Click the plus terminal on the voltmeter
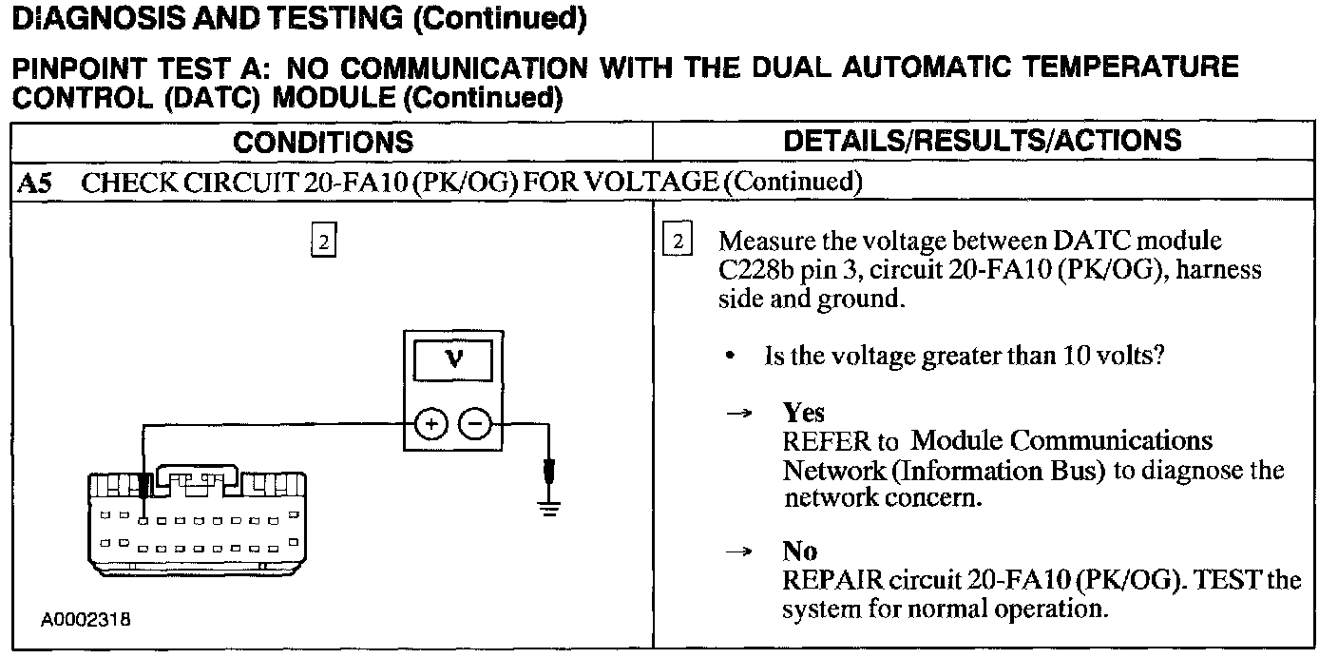click(430, 423)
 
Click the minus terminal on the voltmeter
click(476, 423)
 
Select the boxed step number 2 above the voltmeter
click(323, 242)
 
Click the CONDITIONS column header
click(323, 143)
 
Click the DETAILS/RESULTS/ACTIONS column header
click(983, 141)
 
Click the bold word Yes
click(803, 413)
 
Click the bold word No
click(799, 552)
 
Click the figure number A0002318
click(86, 620)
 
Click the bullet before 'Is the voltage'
click(729, 358)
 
